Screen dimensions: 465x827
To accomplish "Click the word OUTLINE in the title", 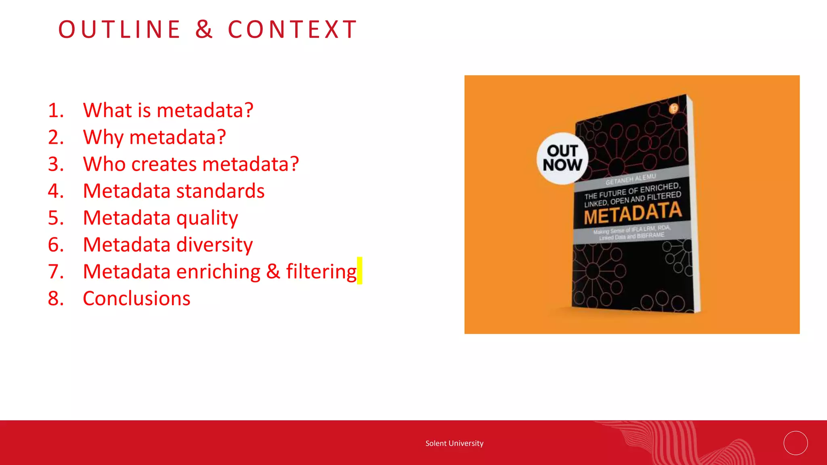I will click(120, 29).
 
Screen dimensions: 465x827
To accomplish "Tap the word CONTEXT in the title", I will click(293, 29).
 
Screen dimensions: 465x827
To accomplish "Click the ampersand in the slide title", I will click(204, 29).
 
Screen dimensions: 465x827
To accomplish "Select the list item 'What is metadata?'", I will click(168, 110).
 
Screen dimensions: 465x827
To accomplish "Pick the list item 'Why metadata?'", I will click(154, 137).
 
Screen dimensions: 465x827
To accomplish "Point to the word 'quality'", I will click(207, 218).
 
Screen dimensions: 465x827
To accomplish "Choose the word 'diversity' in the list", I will click(214, 245).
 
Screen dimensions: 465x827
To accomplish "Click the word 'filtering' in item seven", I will click(321, 272).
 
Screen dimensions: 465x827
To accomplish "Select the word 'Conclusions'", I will click(136, 299).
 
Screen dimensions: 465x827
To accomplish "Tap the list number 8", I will click(55, 299).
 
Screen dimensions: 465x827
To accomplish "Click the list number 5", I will click(55, 218).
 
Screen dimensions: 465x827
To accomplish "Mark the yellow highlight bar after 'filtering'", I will click(359, 270).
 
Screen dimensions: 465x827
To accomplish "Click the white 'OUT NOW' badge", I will click(562, 158).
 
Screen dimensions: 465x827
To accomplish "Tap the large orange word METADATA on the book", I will click(632, 213).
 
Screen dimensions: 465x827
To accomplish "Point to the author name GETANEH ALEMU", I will click(630, 179).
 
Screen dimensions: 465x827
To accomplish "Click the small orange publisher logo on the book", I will click(674, 109).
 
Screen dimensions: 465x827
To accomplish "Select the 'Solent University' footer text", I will click(454, 443).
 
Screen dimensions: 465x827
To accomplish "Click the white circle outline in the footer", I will click(796, 443).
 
